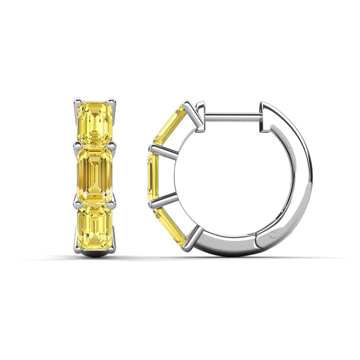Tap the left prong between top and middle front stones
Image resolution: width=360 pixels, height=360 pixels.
(77, 145)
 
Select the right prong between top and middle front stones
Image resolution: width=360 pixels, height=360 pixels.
(112, 145)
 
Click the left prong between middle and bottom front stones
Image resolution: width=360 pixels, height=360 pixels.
(77, 203)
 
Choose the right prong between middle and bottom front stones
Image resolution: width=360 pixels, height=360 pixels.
(112, 203)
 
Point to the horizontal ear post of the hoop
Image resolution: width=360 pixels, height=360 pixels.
(232, 116)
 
